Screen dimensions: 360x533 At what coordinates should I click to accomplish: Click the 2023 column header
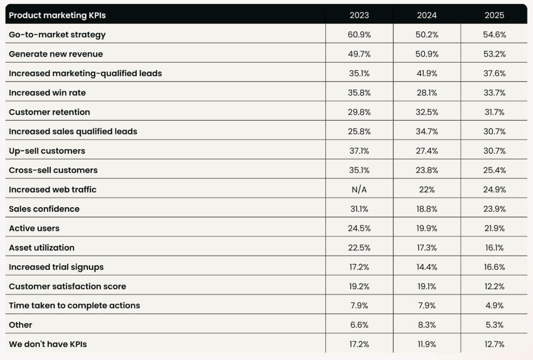pos(359,15)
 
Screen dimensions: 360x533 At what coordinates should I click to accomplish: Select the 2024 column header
pos(427,15)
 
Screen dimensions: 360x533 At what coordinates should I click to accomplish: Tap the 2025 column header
pos(494,15)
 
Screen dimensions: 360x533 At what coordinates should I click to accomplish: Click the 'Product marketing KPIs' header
pos(57,15)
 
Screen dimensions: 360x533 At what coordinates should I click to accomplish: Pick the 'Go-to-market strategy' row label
pos(57,35)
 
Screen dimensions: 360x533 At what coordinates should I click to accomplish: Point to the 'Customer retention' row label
pos(49,112)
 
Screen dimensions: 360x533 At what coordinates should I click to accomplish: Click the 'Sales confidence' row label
pos(44,209)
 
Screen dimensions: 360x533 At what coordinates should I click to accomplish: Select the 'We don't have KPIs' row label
pos(51,344)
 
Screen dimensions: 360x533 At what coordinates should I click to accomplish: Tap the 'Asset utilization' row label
pos(42,248)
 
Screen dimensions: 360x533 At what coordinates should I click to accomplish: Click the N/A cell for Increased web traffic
pos(359,190)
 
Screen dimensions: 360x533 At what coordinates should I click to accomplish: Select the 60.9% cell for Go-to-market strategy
pos(359,35)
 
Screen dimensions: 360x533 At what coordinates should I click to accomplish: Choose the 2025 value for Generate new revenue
pos(494,54)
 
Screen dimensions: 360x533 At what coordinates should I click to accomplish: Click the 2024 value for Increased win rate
pos(427,93)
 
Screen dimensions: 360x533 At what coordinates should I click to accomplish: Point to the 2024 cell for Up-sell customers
pos(427,151)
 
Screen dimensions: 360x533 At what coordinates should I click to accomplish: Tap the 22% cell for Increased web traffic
pos(427,190)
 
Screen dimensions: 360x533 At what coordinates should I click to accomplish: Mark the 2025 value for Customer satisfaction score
pos(494,286)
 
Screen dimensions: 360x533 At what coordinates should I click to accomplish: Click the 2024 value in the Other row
pos(427,325)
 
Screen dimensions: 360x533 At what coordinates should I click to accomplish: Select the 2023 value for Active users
pos(359,228)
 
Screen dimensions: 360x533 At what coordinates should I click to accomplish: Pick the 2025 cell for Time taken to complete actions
pos(494,306)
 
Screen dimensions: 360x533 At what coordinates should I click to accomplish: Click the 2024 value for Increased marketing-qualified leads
pos(427,74)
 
